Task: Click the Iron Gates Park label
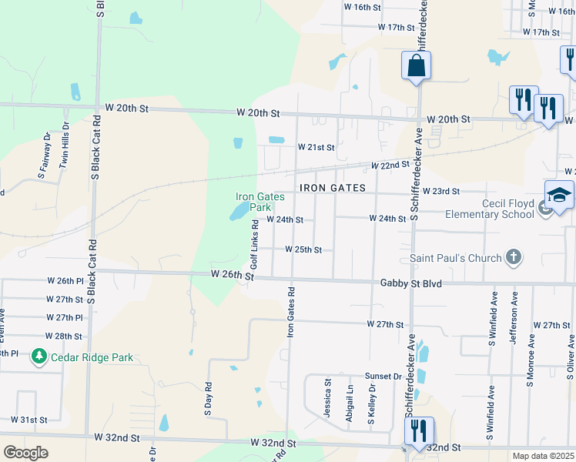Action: tap(260, 202)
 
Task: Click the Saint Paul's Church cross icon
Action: tap(514, 258)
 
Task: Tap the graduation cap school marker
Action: tap(559, 195)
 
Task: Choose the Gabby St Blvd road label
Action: tap(411, 284)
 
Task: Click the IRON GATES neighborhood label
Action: tap(332, 188)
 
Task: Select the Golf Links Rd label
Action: tap(254, 244)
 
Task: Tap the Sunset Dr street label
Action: tap(383, 377)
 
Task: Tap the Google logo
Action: tap(25, 452)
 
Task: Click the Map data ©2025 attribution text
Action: tap(542, 456)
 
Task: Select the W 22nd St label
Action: tap(389, 166)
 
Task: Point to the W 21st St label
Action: tap(316, 147)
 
